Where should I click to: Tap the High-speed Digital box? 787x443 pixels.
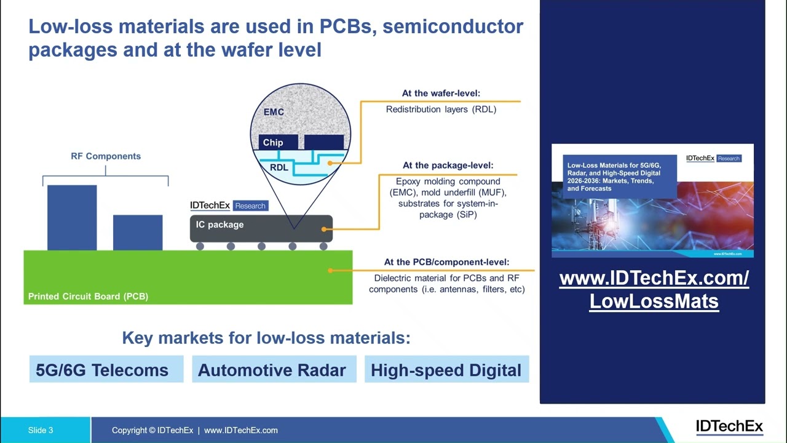pyautogui.click(x=446, y=369)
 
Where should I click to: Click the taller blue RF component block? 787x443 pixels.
pyautogui.click(x=72, y=217)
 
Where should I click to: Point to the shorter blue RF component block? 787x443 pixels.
pyautogui.click(x=138, y=232)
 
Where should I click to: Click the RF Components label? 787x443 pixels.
pyautogui.click(x=106, y=156)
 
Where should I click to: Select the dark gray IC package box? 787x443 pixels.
pyautogui.click(x=261, y=228)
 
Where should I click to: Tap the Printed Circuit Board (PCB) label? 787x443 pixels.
pyautogui.click(x=88, y=297)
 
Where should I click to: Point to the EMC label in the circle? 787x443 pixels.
pyautogui.click(x=274, y=112)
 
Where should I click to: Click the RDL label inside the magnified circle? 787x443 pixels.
pyautogui.click(x=279, y=167)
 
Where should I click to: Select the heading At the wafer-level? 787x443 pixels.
pyautogui.click(x=441, y=94)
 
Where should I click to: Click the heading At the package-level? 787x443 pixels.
pyautogui.click(x=448, y=166)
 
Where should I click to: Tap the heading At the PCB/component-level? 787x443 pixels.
pyautogui.click(x=446, y=262)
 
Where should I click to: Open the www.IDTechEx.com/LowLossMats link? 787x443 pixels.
pyautogui.click(x=654, y=290)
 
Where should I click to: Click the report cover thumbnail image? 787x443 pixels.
pyautogui.click(x=652, y=201)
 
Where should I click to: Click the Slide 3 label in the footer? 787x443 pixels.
pyautogui.click(x=41, y=430)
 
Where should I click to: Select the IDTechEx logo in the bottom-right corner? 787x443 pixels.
pyautogui.click(x=729, y=426)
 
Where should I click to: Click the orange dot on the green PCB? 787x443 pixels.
pyautogui.click(x=330, y=270)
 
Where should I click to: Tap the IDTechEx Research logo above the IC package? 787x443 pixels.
pyautogui.click(x=229, y=206)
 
